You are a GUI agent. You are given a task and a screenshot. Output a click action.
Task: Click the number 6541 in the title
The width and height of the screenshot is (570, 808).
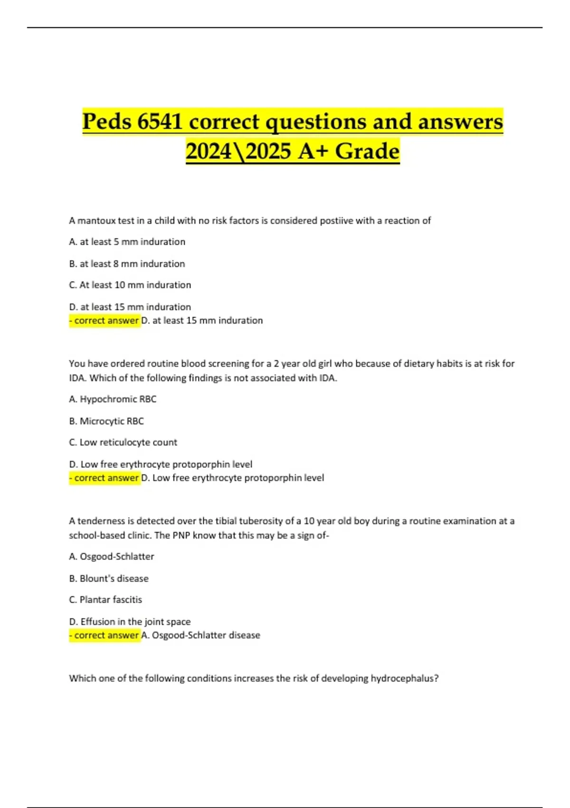click(x=160, y=122)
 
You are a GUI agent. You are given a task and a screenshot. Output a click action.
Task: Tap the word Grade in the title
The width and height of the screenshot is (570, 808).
click(x=367, y=151)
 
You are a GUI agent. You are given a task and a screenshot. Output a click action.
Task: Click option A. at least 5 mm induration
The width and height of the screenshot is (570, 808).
click(x=127, y=242)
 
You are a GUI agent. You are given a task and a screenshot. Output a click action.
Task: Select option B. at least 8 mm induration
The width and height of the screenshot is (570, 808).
click(x=127, y=264)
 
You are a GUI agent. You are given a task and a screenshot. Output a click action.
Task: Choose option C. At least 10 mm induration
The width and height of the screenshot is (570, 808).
click(x=130, y=285)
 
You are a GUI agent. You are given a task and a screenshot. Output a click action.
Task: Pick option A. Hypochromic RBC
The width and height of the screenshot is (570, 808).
click(x=113, y=399)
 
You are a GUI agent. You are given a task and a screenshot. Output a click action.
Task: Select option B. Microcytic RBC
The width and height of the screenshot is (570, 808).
click(x=106, y=421)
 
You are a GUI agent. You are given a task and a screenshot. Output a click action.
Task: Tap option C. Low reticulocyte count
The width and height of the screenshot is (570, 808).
click(x=123, y=442)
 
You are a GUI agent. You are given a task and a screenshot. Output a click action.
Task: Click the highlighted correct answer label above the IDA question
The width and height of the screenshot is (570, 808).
click(x=104, y=321)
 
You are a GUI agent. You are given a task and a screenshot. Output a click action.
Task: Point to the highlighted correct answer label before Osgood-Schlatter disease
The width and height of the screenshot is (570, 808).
click(x=104, y=635)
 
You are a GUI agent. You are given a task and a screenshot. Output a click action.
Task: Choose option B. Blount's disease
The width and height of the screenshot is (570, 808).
click(x=109, y=578)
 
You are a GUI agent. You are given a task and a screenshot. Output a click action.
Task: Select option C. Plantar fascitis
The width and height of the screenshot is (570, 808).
click(x=105, y=600)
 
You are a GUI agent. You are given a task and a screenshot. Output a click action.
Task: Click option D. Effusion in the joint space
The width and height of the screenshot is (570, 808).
click(x=130, y=622)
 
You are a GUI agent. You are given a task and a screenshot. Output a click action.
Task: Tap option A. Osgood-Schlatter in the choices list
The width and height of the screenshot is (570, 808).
click(x=112, y=557)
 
